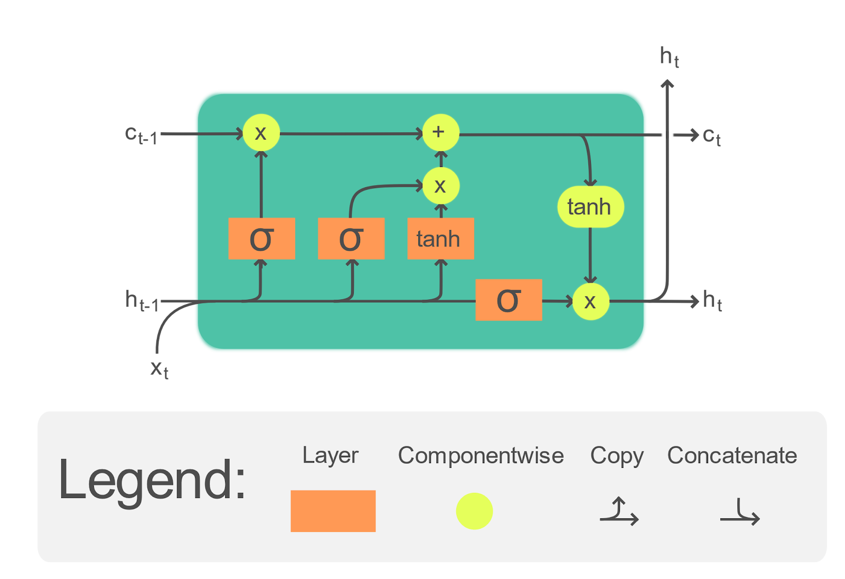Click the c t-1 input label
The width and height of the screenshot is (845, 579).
tap(141, 135)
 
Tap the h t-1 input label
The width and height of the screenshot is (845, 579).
tap(142, 300)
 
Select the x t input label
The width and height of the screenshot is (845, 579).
tap(159, 369)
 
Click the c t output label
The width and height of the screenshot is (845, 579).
tap(711, 136)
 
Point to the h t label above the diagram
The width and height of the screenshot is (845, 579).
tap(669, 57)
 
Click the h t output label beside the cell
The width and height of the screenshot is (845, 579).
tap(712, 300)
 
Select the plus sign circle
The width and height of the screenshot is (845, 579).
tap(440, 132)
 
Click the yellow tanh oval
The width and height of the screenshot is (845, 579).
tap(590, 207)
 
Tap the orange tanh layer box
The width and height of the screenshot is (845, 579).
tap(440, 238)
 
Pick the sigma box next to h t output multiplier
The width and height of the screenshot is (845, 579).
tap(509, 300)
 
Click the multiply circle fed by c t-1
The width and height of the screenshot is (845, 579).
tap(261, 133)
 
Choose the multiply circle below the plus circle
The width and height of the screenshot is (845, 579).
tap(440, 186)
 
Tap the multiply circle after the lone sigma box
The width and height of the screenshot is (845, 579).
tap(590, 301)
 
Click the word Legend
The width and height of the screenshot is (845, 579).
tap(152, 480)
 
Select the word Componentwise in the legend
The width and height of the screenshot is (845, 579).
tap(481, 455)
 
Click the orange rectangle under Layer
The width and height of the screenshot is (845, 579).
tap(333, 511)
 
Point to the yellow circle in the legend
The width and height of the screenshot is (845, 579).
tap(474, 511)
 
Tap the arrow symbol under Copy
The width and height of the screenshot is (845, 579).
tap(619, 512)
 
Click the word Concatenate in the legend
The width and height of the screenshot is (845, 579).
tap(731, 455)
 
